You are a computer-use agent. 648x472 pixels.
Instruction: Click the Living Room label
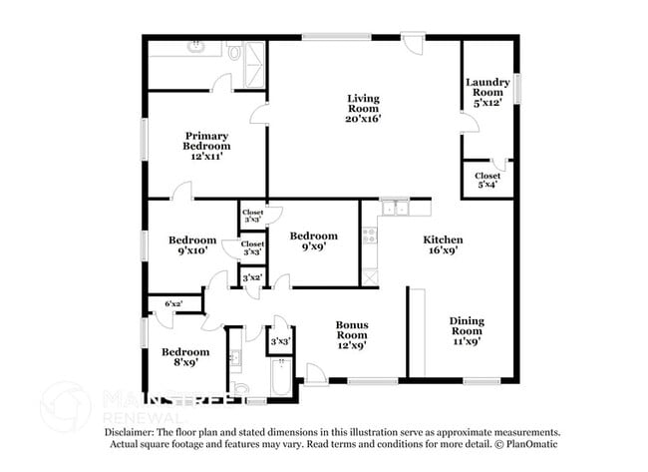point(364,108)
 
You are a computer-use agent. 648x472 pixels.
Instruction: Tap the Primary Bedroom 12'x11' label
point(206,146)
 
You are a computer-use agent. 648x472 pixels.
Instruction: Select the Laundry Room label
point(490,92)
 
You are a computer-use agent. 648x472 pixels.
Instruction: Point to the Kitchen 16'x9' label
point(443,245)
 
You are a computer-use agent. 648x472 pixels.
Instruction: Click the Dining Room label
point(466,330)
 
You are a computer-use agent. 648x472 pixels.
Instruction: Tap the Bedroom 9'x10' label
point(191,245)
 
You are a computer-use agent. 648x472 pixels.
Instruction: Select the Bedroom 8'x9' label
point(186,357)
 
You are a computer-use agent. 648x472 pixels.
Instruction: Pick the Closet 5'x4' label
point(487,181)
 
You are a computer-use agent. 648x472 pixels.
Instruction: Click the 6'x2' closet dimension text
point(173,303)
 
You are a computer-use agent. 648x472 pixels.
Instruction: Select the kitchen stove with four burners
point(369,236)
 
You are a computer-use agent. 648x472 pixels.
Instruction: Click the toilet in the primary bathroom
point(233,53)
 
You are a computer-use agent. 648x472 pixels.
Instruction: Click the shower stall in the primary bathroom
point(254,54)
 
